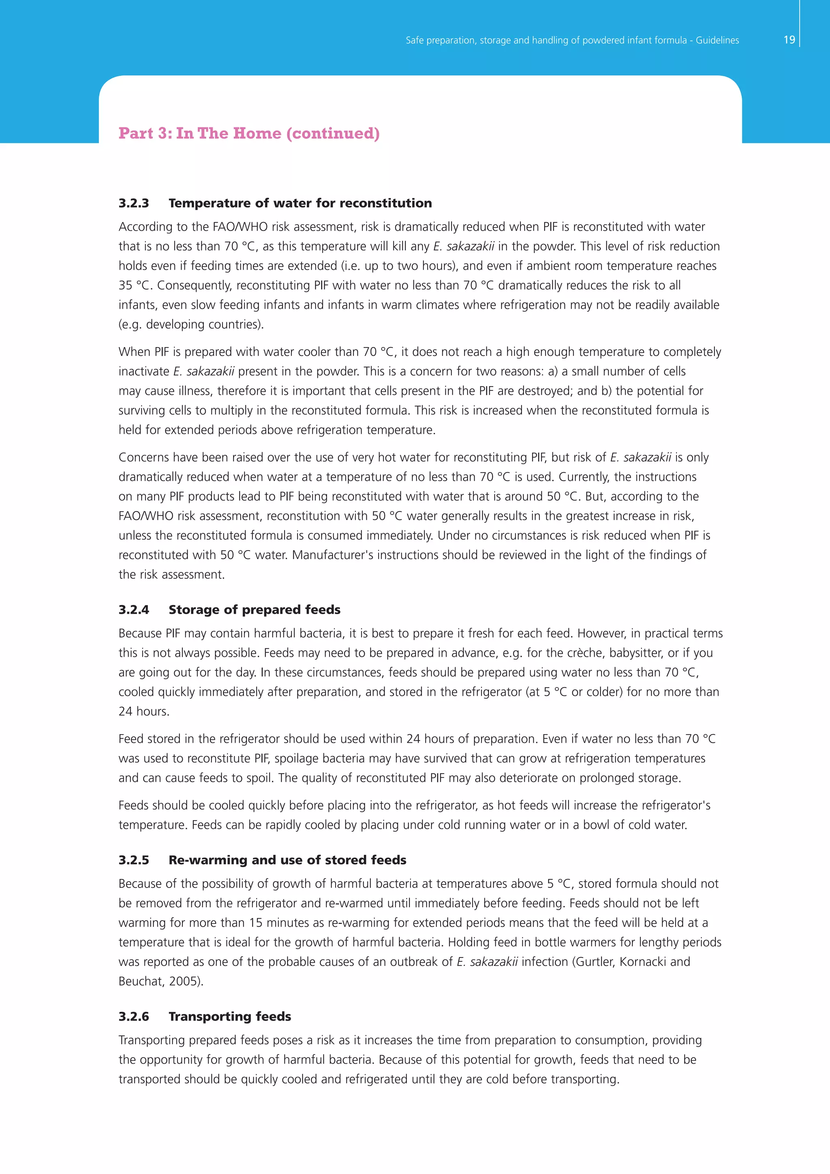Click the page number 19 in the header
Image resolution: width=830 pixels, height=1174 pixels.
789,40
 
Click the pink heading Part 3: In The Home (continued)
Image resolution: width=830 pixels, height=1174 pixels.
249,133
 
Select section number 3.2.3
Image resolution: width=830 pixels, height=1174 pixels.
134,203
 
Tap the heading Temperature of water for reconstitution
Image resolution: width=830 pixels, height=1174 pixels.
300,203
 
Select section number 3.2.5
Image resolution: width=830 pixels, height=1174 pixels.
134,860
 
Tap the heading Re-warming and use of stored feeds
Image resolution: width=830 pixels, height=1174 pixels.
287,860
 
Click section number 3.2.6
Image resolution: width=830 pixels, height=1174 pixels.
134,1017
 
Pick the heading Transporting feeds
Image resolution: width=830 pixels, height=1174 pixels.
229,1017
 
